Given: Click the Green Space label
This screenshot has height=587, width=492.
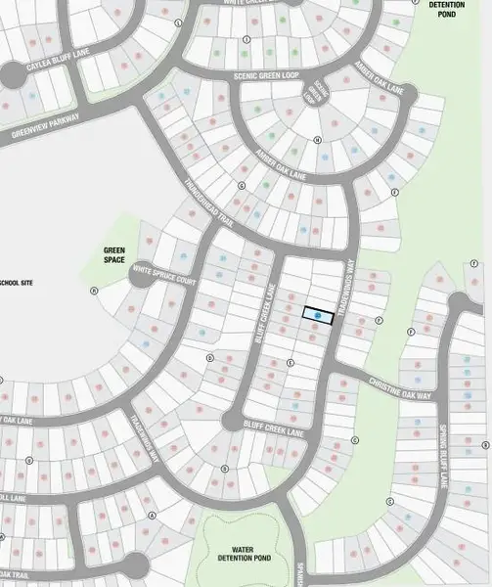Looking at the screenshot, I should point(114,255).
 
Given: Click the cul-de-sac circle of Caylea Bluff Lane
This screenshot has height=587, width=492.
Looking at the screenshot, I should point(12,73).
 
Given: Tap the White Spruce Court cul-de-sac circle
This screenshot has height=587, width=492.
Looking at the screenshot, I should point(140,275).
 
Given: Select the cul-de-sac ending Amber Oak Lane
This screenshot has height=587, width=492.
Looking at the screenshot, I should point(406,96).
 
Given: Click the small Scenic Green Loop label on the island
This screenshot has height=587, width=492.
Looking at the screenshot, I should point(315,93).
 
